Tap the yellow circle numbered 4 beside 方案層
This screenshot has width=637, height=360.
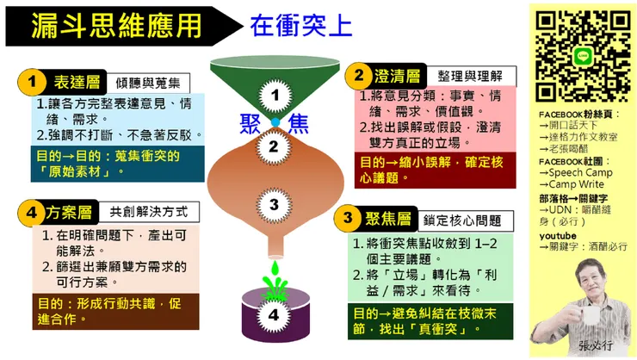pyautogui.click(x=32, y=212)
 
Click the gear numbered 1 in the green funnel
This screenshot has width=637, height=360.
pyautogui.click(x=275, y=94)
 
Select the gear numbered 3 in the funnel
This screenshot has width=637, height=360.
pyautogui.click(x=274, y=204)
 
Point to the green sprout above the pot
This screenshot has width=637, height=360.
pyautogui.click(x=274, y=280)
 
